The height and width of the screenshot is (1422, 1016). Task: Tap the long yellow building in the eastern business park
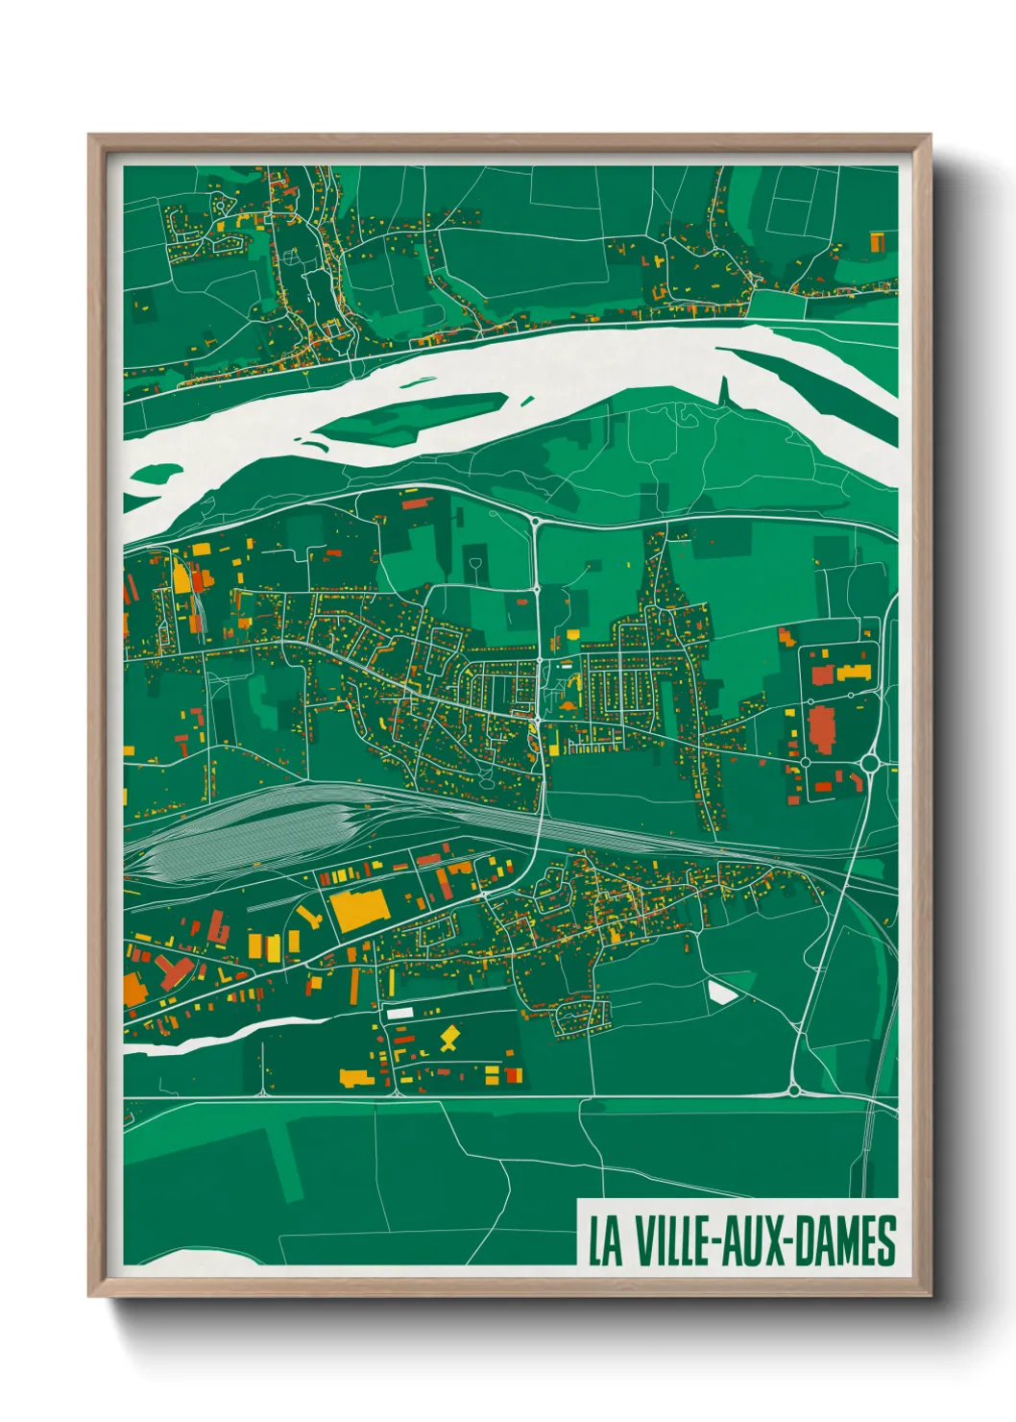(x=854, y=672)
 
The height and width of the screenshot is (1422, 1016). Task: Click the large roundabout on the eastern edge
(x=871, y=764)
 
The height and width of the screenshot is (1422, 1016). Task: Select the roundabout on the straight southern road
(x=794, y=1090)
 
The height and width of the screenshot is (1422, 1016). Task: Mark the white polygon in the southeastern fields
(x=722, y=991)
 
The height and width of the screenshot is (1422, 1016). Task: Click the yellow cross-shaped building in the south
(x=448, y=1038)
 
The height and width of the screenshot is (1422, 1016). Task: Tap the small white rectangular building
(x=399, y=1013)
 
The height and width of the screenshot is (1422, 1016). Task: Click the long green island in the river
(x=413, y=417)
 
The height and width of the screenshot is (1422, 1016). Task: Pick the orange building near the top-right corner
(x=877, y=241)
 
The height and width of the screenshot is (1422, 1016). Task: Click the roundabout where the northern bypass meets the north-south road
(x=534, y=522)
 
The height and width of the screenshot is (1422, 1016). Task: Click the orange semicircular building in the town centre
(x=567, y=706)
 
